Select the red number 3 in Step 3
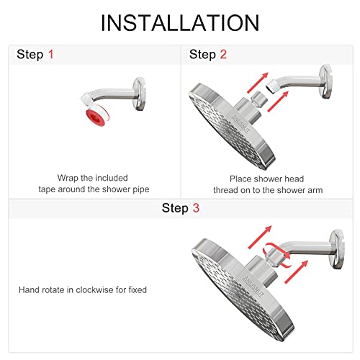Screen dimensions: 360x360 [x=194, y=209]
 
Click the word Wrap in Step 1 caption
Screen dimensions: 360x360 [x=68, y=177]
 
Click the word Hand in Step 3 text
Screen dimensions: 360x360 [x=30, y=290]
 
